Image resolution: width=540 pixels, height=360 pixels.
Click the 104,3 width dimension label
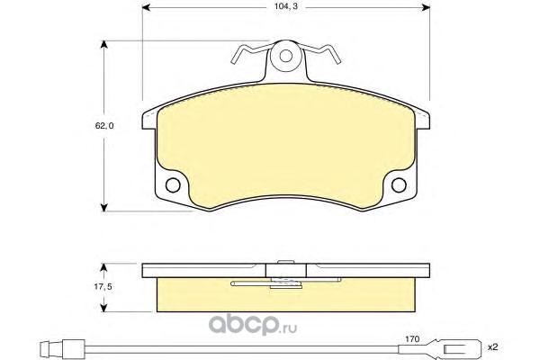(x=281, y=6)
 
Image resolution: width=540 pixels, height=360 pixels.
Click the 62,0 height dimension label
(x=104, y=126)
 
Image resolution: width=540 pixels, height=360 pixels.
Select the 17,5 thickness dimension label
(x=103, y=286)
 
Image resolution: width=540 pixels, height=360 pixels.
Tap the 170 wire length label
(x=412, y=339)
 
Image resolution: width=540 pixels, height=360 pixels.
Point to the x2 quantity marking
(x=493, y=347)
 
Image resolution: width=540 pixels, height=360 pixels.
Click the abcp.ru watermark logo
(x=253, y=325)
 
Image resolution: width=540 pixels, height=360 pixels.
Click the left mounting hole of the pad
(x=173, y=185)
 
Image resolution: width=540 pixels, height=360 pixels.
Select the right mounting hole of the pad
(x=399, y=185)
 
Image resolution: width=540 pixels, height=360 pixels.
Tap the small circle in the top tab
(x=286, y=56)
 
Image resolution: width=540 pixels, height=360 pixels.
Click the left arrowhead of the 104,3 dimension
(x=146, y=7)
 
